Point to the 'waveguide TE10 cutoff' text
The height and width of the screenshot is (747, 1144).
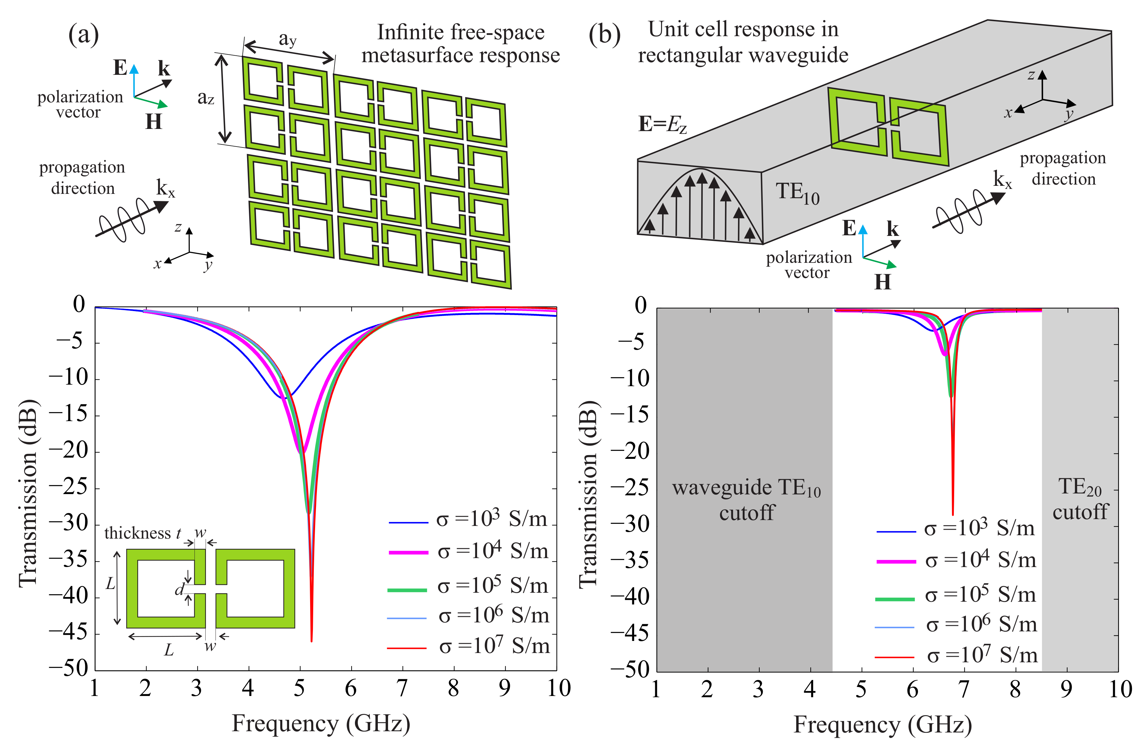pyautogui.click(x=746, y=500)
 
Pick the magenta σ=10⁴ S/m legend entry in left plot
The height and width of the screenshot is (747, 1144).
pyautogui.click(x=469, y=551)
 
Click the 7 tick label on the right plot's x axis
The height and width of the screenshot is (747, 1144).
pyautogui.click(x=964, y=689)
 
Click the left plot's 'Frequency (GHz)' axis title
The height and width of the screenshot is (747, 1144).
pyautogui.click(x=321, y=724)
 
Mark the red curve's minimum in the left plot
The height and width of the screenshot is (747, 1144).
pyautogui.click(x=311, y=640)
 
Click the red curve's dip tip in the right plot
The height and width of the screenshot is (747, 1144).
pyautogui.click(x=953, y=514)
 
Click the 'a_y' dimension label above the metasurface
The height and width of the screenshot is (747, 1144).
pyautogui.click(x=288, y=39)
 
